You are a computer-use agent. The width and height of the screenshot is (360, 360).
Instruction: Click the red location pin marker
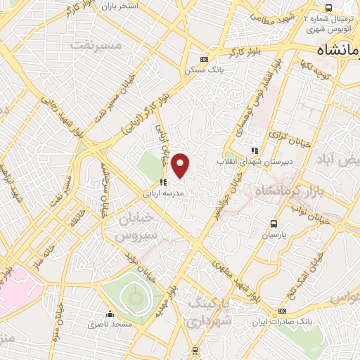181,166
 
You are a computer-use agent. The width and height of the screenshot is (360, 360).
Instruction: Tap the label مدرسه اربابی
163,192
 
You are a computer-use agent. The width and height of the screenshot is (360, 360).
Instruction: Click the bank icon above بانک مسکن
204,60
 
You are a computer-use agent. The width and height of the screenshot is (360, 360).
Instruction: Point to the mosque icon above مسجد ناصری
109,314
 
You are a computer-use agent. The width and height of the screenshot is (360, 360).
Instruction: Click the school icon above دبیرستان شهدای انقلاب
255,150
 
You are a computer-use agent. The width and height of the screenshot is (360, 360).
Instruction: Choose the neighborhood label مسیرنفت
96,45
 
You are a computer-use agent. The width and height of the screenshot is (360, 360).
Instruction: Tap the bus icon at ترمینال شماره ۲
308,18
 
